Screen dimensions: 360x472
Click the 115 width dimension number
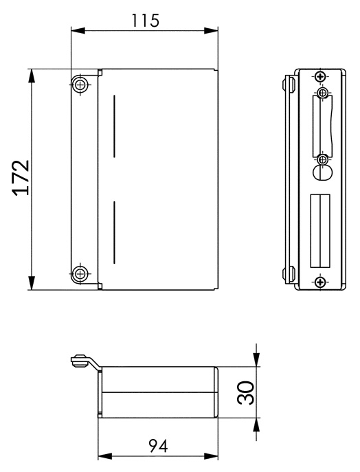145,21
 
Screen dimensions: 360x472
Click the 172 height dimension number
21,178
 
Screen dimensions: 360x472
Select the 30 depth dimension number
246,392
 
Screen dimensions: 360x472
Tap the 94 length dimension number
158,446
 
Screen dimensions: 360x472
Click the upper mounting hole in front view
80,85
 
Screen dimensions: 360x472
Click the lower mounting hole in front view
80,273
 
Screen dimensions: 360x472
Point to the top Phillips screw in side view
320,76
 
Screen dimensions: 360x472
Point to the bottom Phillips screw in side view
320,282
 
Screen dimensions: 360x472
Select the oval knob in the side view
322,172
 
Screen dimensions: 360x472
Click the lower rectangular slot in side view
320,231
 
